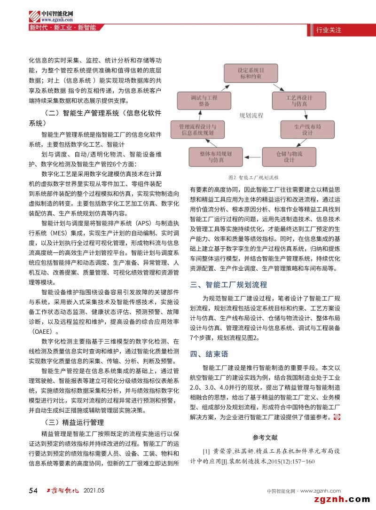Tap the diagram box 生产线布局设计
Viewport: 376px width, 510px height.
(x=307, y=129)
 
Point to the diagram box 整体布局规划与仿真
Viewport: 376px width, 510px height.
(x=215, y=157)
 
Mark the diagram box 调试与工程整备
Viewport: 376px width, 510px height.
(x=203, y=101)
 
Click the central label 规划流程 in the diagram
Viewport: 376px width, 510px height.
(x=251, y=115)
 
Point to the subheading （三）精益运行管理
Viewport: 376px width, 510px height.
(x=73, y=422)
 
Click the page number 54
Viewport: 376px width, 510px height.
(x=33, y=491)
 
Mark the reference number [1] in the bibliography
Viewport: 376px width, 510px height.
(x=206, y=452)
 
